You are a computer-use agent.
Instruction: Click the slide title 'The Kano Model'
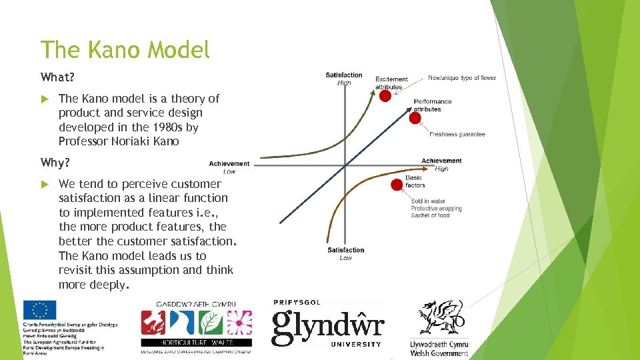pos(125,49)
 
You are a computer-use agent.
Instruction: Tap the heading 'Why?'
pos(55,162)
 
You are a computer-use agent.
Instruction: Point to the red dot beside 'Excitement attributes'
pos(385,97)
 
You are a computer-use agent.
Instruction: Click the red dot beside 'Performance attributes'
pos(415,119)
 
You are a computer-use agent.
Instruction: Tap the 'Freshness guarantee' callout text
pos(457,135)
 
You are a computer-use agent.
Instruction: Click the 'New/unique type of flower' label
pos(461,78)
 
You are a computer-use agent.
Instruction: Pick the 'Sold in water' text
pos(428,201)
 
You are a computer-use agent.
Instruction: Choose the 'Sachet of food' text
pos(430,215)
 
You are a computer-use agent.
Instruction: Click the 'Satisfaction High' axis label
pos(344,79)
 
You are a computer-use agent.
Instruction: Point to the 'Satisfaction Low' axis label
pos(345,253)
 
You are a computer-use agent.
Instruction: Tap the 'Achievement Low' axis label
pos(229,167)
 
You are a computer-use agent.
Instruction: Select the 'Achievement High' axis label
pos(441,164)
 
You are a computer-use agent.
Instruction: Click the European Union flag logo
pos(40,311)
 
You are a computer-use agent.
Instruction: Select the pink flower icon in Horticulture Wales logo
pos(239,323)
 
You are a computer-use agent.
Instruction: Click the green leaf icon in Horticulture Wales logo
pos(211,323)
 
